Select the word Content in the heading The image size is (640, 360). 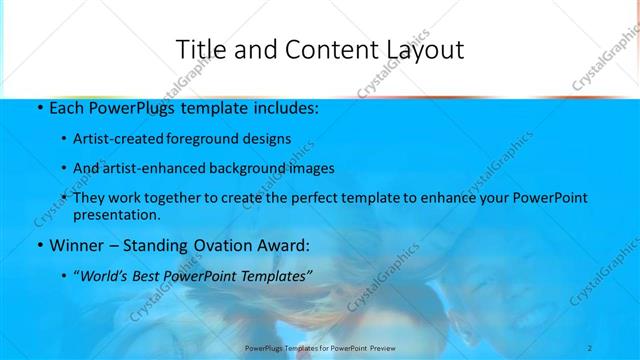tap(317, 49)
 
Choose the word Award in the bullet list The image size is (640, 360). tap(282, 244)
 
